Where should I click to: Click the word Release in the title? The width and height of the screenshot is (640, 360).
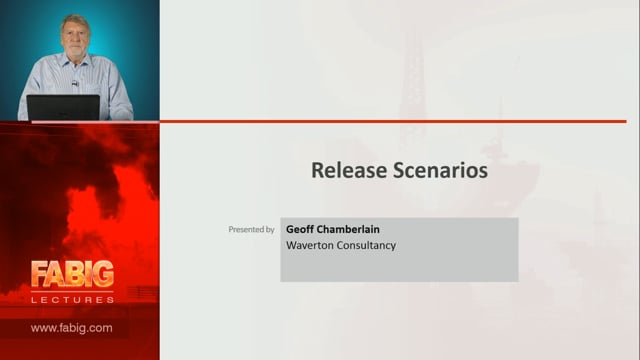pos(349,170)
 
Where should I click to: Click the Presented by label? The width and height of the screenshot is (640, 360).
pos(251,229)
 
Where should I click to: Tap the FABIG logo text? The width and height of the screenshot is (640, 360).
pos(72,274)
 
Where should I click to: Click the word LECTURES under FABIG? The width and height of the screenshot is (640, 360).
pos(73,300)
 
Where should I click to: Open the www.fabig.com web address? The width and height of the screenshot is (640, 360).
pos(72,328)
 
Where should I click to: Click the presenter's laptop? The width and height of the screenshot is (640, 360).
pos(63,107)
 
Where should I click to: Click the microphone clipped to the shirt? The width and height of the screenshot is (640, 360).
pos(75,84)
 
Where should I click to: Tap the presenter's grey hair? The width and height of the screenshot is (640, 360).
pos(75,21)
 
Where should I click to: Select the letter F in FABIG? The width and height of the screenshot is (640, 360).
pos(38,274)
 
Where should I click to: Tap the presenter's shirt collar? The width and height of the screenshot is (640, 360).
pos(76,60)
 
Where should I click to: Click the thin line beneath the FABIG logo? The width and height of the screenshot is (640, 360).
pos(72,291)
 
